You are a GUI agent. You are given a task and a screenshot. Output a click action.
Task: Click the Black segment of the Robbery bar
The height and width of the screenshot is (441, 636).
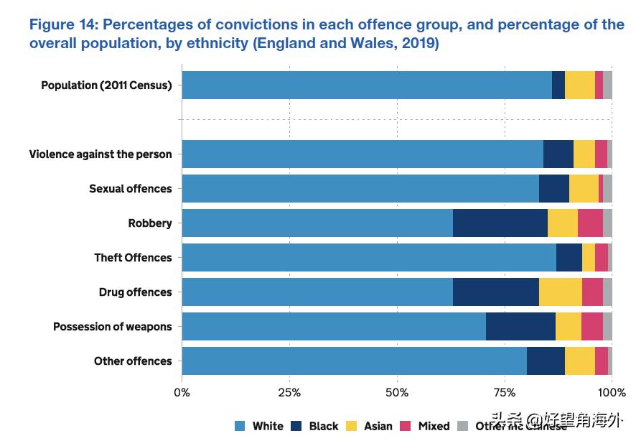pyautogui.click(x=500, y=223)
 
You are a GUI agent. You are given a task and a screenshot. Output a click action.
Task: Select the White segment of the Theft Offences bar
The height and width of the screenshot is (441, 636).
pyautogui.click(x=368, y=258)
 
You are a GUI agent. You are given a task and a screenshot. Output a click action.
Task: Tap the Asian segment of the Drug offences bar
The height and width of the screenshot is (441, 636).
pyautogui.click(x=560, y=292)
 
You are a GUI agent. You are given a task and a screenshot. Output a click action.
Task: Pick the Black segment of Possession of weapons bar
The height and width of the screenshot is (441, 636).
pyautogui.click(x=520, y=327)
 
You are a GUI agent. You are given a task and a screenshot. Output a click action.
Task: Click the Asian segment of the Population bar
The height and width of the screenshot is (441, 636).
pyautogui.click(x=579, y=85)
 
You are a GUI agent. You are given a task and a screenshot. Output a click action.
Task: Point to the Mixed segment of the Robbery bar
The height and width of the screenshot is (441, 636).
pyautogui.click(x=590, y=223)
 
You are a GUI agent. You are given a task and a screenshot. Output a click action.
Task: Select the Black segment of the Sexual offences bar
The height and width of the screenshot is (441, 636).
pyautogui.click(x=553, y=189)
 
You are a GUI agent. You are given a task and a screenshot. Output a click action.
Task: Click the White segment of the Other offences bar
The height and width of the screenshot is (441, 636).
pyautogui.click(x=354, y=361)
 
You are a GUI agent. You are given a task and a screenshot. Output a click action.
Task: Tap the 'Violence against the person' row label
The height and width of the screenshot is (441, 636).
pyautogui.click(x=100, y=154)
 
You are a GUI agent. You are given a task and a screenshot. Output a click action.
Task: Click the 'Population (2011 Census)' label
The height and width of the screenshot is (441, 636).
pyautogui.click(x=106, y=85)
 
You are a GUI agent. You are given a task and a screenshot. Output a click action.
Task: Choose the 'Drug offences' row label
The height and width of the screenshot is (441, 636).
pyautogui.click(x=135, y=292)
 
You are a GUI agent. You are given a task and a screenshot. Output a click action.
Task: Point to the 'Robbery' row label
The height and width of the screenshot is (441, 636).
pyautogui.click(x=150, y=223)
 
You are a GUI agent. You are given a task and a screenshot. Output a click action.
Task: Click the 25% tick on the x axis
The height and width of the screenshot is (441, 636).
pyautogui.click(x=289, y=393)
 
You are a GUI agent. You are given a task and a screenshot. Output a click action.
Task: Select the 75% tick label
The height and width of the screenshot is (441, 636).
pyautogui.click(x=505, y=393)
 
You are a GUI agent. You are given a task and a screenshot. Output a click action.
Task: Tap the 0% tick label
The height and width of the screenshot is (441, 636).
pyautogui.click(x=182, y=393)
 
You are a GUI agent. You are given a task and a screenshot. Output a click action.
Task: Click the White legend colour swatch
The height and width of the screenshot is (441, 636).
pyautogui.click(x=240, y=426)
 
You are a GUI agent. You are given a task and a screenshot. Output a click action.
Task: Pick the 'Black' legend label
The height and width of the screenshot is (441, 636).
pyautogui.click(x=324, y=426)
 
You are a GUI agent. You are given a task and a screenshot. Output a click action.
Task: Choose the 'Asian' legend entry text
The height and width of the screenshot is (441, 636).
pyautogui.click(x=378, y=426)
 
